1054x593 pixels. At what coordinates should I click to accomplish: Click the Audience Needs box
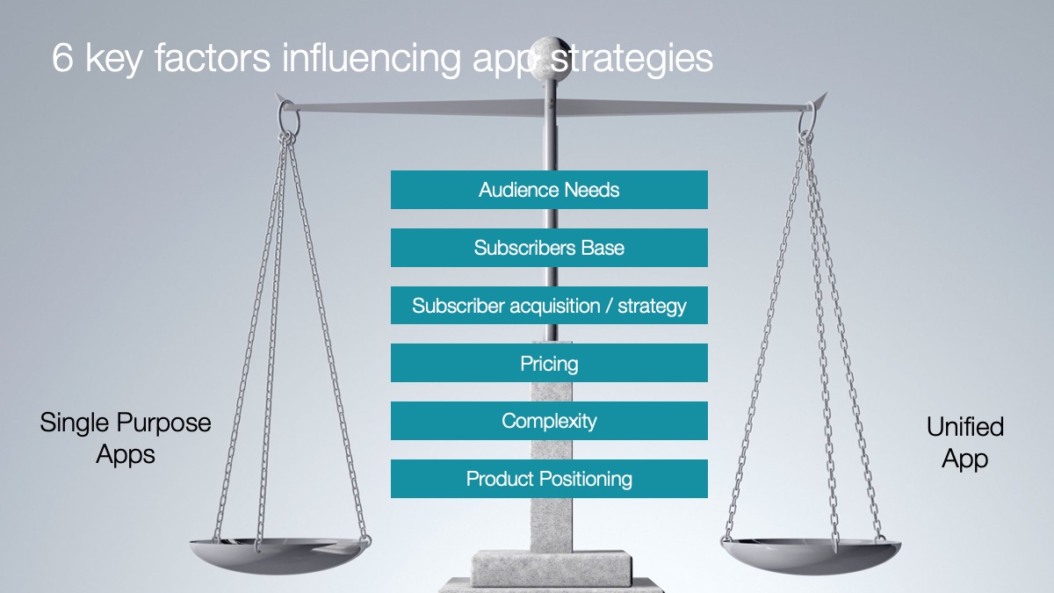click(549, 190)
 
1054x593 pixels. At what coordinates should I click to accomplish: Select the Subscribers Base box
click(549, 248)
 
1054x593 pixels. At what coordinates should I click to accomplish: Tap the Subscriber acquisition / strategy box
click(549, 306)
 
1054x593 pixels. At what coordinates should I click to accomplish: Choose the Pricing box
click(549, 363)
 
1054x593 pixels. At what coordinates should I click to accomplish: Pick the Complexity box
click(549, 421)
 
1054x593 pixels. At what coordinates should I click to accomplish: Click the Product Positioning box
click(549, 479)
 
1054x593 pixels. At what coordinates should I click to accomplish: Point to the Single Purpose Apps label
click(126, 438)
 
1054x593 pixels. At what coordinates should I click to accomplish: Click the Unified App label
click(965, 443)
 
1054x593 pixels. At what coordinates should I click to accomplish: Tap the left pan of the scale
click(279, 555)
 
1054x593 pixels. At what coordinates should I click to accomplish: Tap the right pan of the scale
click(811, 556)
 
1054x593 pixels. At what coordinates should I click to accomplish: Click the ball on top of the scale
click(551, 54)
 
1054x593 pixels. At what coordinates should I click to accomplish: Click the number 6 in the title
click(62, 58)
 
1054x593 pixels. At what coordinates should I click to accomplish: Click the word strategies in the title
click(632, 59)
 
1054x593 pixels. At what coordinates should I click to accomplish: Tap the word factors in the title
click(213, 58)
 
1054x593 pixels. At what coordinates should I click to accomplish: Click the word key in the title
click(113, 60)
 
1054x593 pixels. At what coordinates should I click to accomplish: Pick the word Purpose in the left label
click(164, 423)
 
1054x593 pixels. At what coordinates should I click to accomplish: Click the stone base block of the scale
click(552, 568)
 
